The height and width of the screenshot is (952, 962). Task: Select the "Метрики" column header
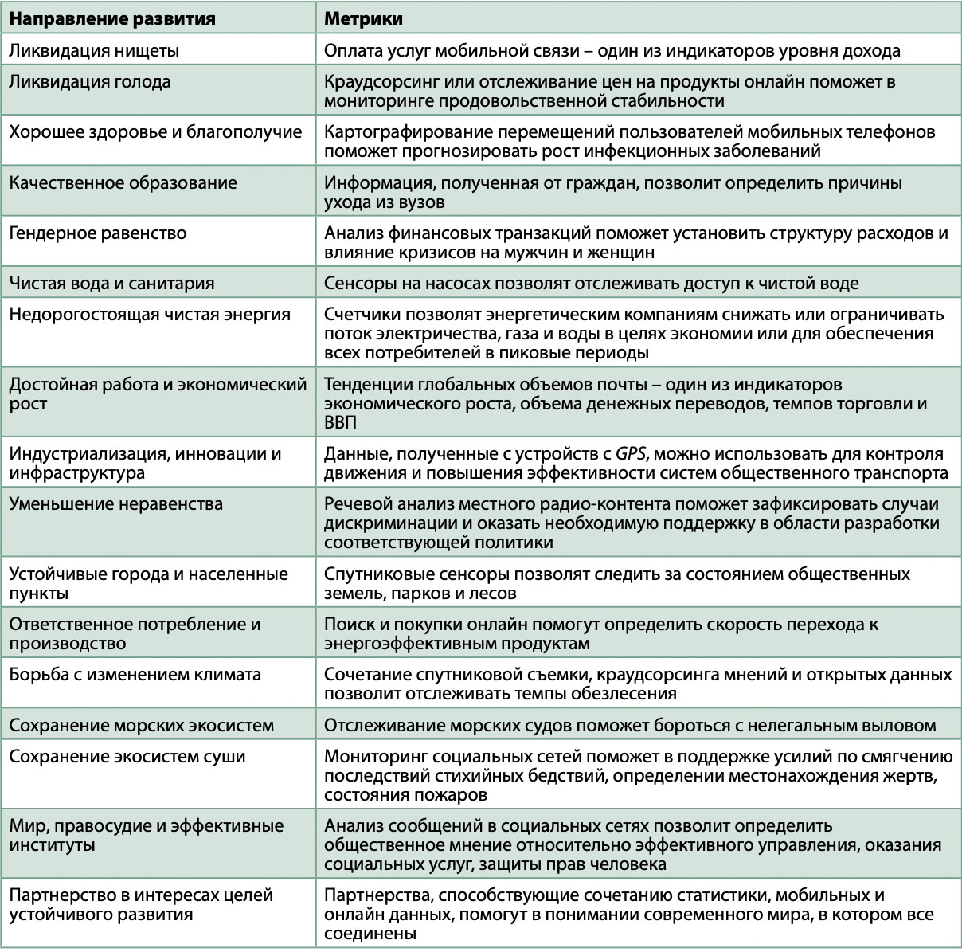362,18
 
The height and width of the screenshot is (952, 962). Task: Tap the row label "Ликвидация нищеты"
94,51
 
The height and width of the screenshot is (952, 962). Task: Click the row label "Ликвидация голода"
90,81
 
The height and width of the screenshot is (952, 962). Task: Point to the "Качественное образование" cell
123,182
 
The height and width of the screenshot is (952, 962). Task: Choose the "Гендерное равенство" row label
98,233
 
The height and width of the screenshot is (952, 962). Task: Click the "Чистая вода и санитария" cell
111,283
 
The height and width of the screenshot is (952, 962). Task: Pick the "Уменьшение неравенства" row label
116,503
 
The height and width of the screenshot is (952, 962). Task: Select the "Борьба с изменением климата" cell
135,674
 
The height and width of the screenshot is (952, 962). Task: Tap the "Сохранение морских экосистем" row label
142,725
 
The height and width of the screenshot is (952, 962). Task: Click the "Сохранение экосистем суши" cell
127,756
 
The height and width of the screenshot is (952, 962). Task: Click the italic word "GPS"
630,454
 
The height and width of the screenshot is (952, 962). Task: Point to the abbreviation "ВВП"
341,422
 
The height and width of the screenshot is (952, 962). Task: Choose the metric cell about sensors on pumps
591,283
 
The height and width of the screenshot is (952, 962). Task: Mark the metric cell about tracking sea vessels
629,725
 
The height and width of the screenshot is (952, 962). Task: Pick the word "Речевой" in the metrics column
354,503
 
